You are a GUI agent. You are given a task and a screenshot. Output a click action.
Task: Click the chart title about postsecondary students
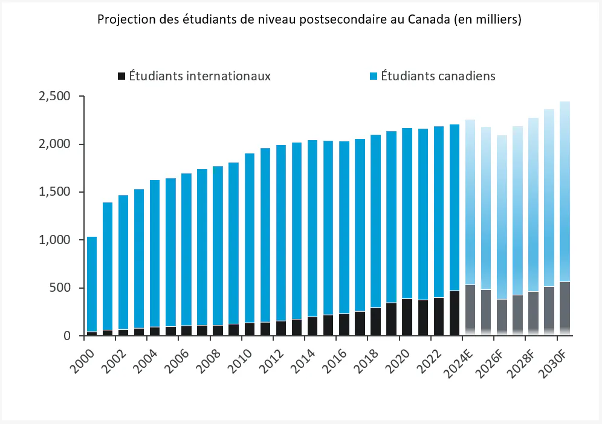(x=308, y=19)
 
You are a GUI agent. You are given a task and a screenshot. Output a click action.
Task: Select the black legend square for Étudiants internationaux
(x=121, y=76)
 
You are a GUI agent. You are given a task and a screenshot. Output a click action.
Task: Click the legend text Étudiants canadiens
(x=438, y=76)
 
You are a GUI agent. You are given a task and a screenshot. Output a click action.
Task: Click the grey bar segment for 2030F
(x=564, y=308)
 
